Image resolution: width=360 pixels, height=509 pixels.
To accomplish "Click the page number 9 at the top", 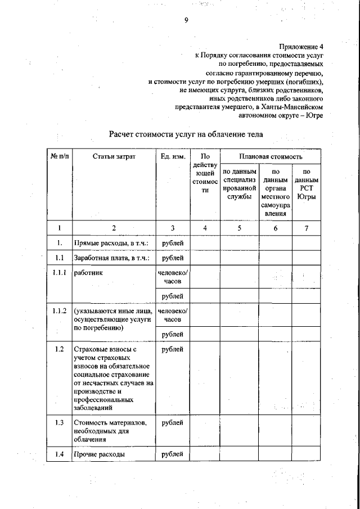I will (x=186, y=21).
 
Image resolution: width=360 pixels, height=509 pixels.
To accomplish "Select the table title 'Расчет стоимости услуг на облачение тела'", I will (x=186, y=134).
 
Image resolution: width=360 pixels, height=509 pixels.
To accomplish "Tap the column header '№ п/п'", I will (x=58, y=156).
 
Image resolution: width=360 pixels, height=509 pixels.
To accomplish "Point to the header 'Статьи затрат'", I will (x=114, y=156).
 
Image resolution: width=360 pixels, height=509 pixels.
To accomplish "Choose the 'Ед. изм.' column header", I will (x=173, y=156).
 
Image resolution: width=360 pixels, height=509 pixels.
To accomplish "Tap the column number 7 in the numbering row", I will (x=307, y=228).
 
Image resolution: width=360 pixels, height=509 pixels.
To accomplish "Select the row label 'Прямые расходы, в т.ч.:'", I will (x=111, y=243).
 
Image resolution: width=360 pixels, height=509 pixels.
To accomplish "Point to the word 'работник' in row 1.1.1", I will (x=88, y=273).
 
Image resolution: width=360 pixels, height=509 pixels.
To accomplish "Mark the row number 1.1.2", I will (x=59, y=311).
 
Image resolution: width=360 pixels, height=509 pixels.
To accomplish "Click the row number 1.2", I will (x=59, y=349).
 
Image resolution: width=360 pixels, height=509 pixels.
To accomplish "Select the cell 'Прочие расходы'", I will (x=100, y=454).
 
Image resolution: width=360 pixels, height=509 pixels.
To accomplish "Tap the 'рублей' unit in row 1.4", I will (x=173, y=454).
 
